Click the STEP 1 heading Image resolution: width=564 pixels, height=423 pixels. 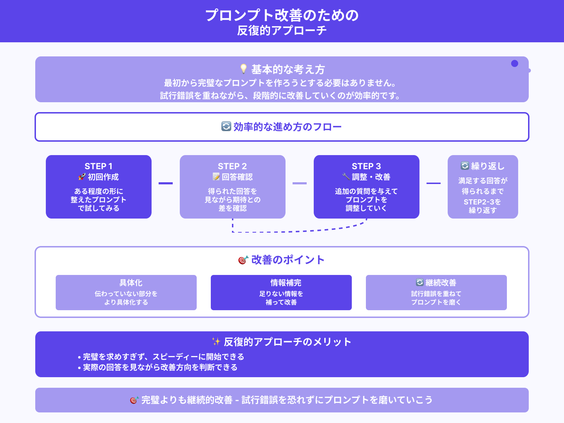98,166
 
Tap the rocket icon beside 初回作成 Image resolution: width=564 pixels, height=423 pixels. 82,177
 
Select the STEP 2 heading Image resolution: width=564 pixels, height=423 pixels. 232,166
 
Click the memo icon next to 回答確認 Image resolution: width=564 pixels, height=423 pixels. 216,177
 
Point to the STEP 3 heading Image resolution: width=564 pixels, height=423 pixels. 366,166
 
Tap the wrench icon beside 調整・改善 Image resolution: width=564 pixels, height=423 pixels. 346,177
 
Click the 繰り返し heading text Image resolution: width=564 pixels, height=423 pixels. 488,166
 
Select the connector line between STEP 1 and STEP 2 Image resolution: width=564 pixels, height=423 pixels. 166,183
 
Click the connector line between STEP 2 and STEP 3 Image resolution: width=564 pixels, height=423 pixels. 300,183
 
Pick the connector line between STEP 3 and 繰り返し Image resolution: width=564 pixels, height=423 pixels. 434,183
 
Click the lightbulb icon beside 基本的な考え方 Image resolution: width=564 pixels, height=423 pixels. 243,69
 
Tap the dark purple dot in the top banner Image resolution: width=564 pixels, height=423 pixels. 515,63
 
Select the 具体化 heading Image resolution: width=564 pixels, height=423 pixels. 131,283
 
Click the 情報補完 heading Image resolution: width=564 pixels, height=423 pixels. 286,283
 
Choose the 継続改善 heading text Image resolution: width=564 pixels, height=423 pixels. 441,283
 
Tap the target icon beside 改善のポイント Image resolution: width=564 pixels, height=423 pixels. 243,260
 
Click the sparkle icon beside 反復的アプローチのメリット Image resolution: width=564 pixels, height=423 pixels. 216,341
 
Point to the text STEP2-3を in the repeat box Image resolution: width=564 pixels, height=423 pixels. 482,202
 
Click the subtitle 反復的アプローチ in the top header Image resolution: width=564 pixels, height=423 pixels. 282,31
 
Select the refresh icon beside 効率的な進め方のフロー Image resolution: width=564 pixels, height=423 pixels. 226,126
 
